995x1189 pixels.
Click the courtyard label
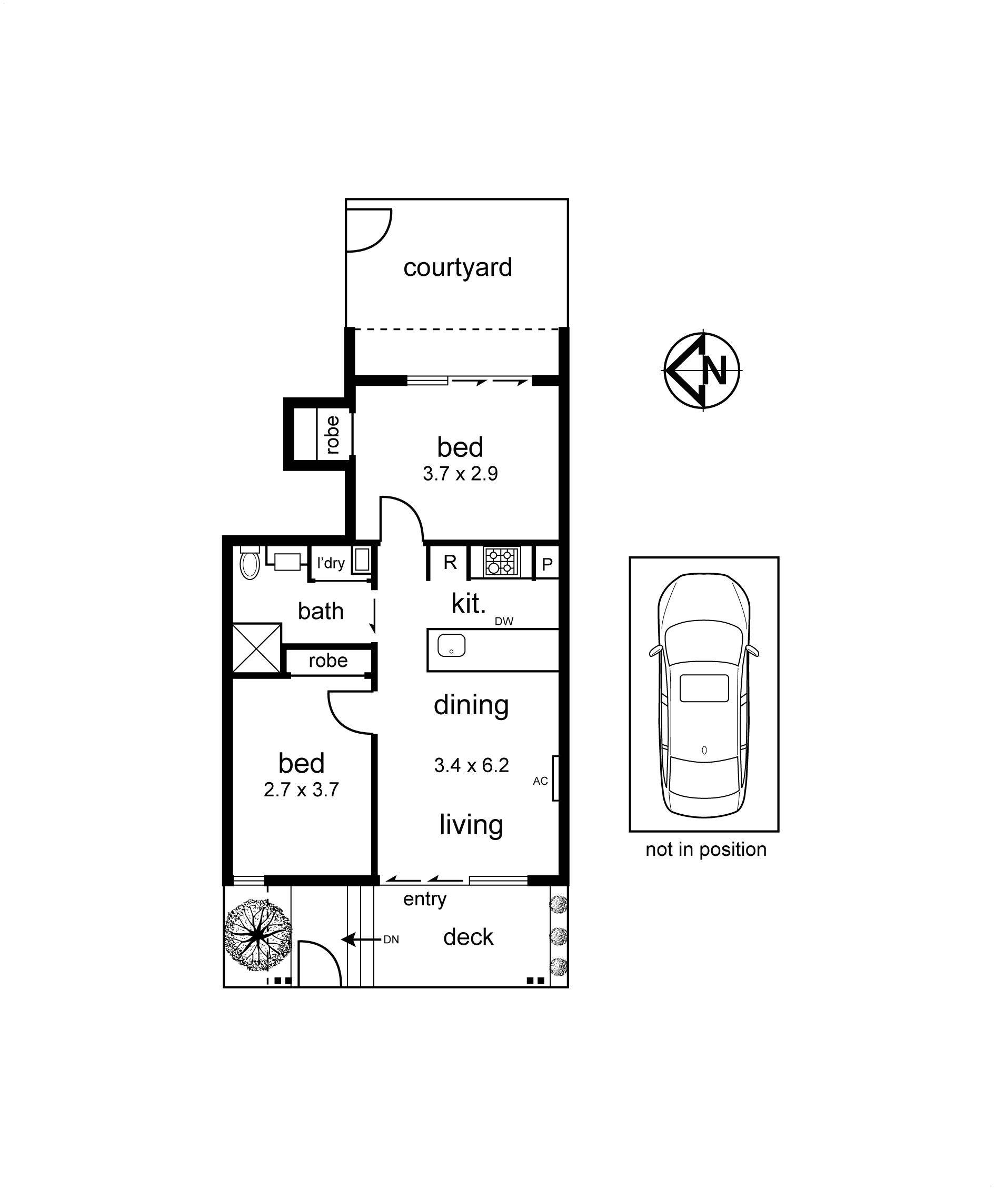click(457, 267)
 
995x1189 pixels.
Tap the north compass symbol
click(703, 371)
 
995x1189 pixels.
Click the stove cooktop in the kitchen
click(501, 561)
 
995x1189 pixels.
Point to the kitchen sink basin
click(451, 645)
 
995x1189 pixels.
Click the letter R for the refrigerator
click(450, 562)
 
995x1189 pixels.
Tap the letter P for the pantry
click(547, 564)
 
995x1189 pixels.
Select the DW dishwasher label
click(504, 621)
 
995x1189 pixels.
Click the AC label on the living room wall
click(540, 781)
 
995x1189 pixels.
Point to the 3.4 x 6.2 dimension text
click(471, 765)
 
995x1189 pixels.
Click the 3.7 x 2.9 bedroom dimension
click(460, 473)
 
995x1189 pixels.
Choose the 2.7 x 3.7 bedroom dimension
click(301, 790)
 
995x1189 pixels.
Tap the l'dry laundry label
click(331, 563)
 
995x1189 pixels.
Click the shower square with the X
click(256, 648)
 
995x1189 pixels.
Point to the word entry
click(425, 899)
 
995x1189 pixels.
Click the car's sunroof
click(704, 688)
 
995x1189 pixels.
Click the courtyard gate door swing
click(368, 230)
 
